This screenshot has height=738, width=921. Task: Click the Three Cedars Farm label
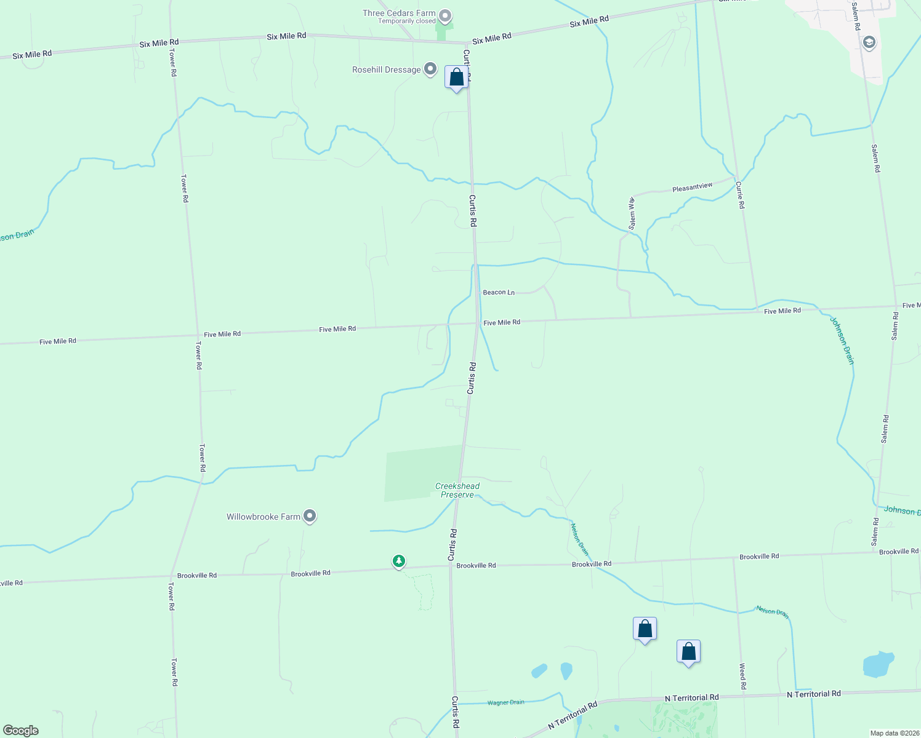pos(399,13)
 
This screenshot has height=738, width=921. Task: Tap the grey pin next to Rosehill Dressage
pos(430,69)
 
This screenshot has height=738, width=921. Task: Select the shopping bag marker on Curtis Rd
pos(456,78)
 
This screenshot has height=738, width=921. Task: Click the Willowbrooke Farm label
pos(263,517)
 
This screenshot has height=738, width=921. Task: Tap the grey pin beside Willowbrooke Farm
pos(310,516)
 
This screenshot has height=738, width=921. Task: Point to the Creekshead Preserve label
pos(457,490)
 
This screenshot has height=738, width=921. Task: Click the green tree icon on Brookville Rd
pos(399,561)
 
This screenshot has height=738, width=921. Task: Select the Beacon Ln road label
pos(499,292)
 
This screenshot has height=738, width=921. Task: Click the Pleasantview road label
pos(692,187)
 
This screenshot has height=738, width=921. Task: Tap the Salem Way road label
pos(632,213)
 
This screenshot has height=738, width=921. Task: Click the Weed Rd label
pos(743,676)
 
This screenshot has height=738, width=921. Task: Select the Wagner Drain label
pos(505,702)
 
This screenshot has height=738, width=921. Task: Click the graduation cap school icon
pos(869,42)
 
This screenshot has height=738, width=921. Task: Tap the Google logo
pos(21,731)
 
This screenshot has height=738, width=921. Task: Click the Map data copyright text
pos(893,733)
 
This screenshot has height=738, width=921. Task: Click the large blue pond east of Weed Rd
pos(878,664)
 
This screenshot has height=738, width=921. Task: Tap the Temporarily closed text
pos(407,22)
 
